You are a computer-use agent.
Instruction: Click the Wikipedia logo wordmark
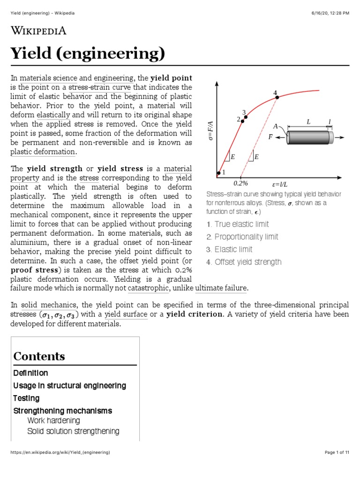38,31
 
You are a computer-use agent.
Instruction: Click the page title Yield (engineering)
88,54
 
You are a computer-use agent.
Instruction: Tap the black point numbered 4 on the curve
277,97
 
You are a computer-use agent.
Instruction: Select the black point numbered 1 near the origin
218,173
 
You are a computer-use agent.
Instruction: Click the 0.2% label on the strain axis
240,184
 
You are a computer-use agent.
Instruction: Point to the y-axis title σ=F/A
211,130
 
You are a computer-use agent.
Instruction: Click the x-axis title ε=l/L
280,184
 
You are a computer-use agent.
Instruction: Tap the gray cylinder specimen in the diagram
309,137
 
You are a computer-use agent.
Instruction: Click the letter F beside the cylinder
270,137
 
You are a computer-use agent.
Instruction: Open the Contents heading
39,356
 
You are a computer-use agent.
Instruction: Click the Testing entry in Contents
26,398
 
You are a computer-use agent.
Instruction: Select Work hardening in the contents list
53,420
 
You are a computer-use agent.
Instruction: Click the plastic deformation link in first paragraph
43,152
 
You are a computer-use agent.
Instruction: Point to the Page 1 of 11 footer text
337,452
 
